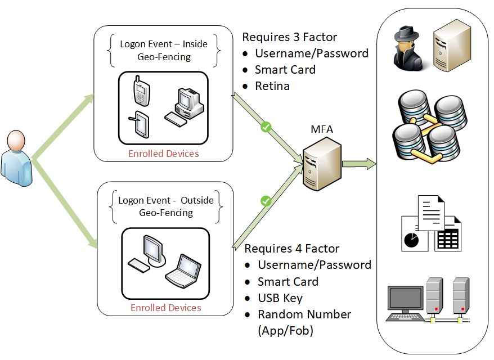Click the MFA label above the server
click(322, 130)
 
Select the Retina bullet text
click(272, 86)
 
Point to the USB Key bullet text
click(280, 298)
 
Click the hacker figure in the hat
click(410, 46)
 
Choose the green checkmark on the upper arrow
click(267, 128)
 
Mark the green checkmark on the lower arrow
click(266, 201)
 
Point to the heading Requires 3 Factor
click(289, 38)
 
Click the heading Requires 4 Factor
click(291, 249)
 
